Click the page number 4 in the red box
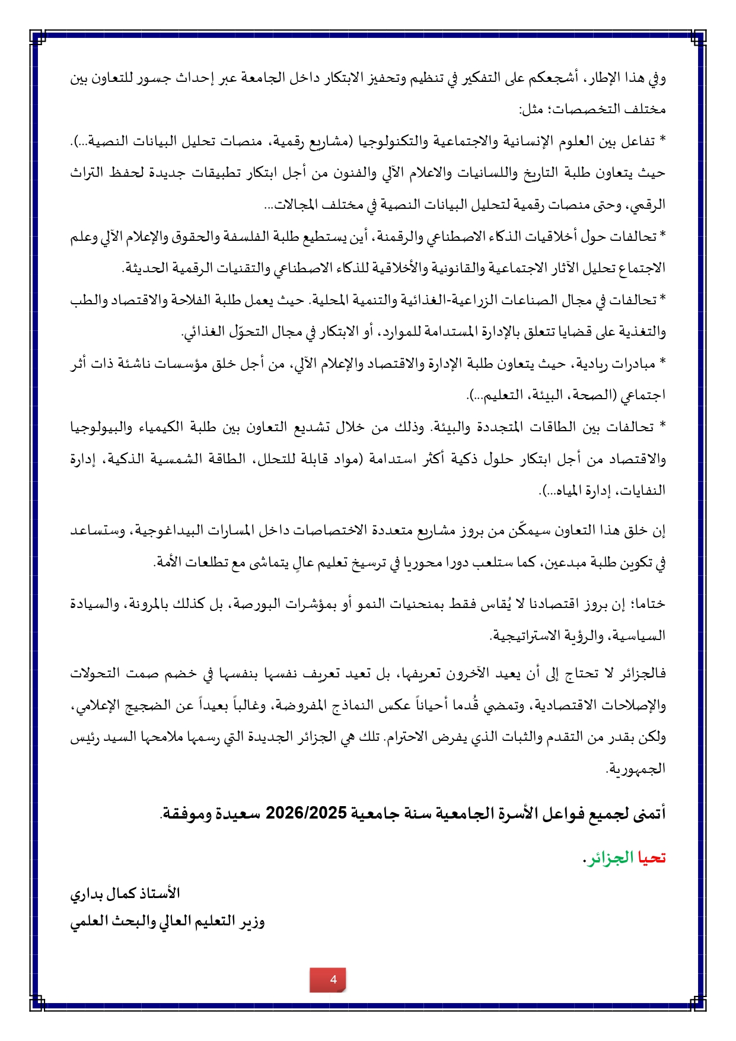(333, 979)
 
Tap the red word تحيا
(652, 858)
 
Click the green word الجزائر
(611, 858)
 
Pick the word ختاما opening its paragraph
(649, 604)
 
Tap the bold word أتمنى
(649, 813)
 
